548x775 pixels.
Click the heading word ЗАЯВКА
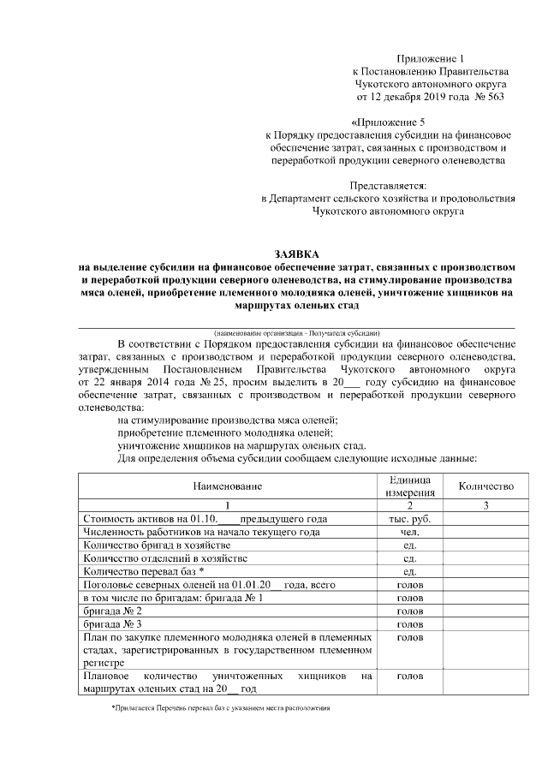pyautogui.click(x=295, y=254)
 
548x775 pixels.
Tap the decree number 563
pyautogui.click(x=496, y=96)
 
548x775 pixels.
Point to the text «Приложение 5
pyautogui.click(x=388, y=122)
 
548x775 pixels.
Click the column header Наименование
pyautogui.click(x=227, y=486)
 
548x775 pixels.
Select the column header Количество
pyautogui.click(x=485, y=486)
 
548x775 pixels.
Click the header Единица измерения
pyautogui.click(x=409, y=486)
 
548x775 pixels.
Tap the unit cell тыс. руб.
pyautogui.click(x=409, y=519)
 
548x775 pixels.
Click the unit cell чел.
pyautogui.click(x=409, y=532)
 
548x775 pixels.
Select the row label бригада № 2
pyautogui.click(x=112, y=611)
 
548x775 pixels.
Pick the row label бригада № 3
pyautogui.click(x=112, y=624)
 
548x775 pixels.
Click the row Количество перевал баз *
pyautogui.click(x=143, y=571)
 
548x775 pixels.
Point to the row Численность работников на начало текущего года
pyautogui.click(x=201, y=532)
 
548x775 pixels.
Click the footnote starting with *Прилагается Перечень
pyautogui.click(x=221, y=709)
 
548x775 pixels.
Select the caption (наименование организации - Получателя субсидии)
pyautogui.click(x=297, y=331)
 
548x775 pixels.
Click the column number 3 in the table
pyautogui.click(x=485, y=505)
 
